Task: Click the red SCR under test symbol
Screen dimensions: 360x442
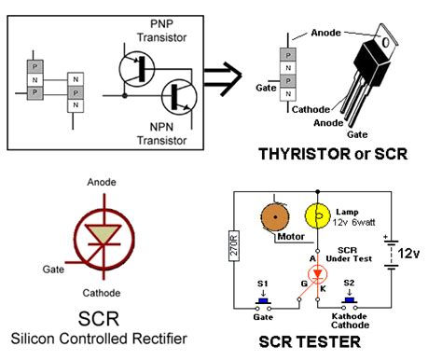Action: pyautogui.click(x=319, y=276)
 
